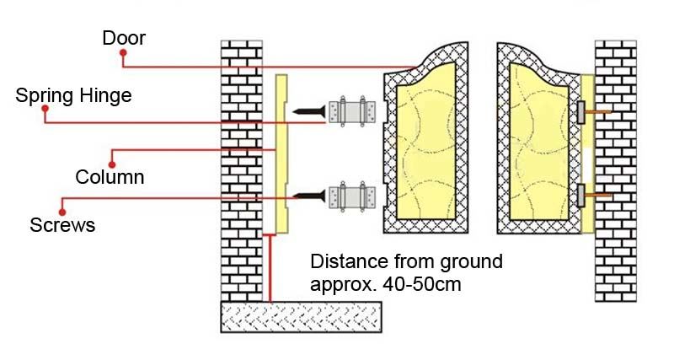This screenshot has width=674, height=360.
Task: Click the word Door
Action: [124, 38]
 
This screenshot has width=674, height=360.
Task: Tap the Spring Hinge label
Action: [73, 95]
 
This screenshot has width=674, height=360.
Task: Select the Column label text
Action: [110, 177]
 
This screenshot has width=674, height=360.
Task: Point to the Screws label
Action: [62, 225]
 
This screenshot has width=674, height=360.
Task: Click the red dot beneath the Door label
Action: [123, 53]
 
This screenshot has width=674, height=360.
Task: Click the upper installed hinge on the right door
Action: [580, 110]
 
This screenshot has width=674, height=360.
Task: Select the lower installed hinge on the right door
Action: [580, 196]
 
